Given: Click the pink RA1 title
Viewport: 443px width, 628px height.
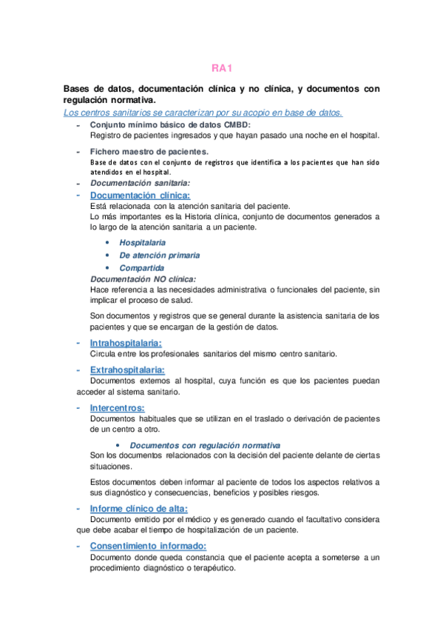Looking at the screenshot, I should pos(222,68).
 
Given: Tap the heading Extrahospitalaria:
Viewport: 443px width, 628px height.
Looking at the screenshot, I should pos(126,370).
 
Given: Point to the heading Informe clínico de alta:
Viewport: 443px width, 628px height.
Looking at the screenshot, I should pos(138,509).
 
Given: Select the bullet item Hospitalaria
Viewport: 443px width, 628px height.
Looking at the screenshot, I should pos(142,243).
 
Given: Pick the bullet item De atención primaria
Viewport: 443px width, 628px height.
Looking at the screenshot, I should pos(159,255).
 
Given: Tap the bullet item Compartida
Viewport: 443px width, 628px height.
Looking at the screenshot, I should pos(141,268).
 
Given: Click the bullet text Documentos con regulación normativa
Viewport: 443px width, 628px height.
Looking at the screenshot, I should pos(205,445).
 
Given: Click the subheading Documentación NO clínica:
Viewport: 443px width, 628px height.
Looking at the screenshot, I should pos(143,279).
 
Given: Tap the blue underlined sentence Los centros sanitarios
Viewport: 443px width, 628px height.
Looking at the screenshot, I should pos(203,113).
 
